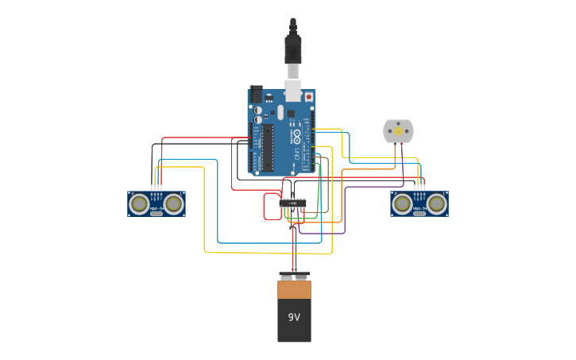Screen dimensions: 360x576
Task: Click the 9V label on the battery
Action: point(294,317)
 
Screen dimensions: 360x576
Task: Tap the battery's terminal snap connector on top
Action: point(294,276)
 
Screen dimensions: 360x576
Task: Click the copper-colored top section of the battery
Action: point(294,289)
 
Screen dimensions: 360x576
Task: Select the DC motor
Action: point(398,131)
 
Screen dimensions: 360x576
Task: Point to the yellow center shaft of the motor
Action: point(398,131)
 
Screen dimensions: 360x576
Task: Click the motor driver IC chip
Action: point(293,203)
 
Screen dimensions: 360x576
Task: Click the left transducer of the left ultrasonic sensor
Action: point(140,203)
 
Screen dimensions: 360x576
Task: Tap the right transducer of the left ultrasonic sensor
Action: point(173,203)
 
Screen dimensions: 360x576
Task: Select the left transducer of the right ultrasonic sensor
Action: point(403,203)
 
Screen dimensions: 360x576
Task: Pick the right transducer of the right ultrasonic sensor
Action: point(436,203)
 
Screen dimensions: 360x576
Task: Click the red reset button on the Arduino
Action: point(309,97)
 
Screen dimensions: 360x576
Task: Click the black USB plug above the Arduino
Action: point(293,48)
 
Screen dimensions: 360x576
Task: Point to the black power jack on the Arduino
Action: point(256,94)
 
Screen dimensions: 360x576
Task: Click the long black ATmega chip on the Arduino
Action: point(269,147)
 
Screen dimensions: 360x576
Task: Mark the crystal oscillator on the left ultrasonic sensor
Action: point(157,213)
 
